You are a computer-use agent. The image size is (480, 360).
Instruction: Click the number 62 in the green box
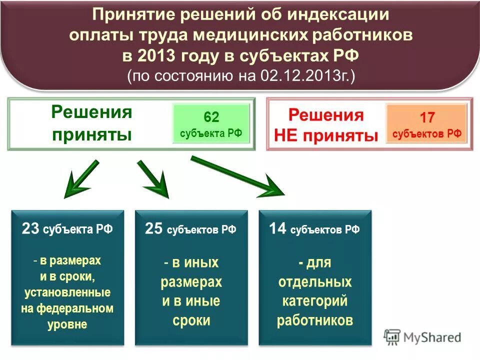tap(211, 117)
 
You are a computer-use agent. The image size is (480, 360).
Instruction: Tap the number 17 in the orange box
tap(427, 118)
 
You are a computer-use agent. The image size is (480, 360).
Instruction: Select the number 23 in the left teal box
tap(30, 229)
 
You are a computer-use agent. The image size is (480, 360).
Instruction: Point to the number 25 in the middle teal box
tap(153, 229)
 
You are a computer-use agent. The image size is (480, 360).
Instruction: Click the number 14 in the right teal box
tap(277, 229)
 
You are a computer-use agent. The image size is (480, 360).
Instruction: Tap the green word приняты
tap(92, 134)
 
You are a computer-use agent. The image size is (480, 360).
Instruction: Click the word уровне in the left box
tap(67, 324)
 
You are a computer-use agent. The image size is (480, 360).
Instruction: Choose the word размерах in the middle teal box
tap(191, 282)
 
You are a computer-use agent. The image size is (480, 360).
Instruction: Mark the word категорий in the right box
tap(314, 301)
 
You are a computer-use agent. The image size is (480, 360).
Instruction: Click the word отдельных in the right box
tap(315, 282)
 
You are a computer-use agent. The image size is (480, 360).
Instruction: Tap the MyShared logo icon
tap(392, 336)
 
